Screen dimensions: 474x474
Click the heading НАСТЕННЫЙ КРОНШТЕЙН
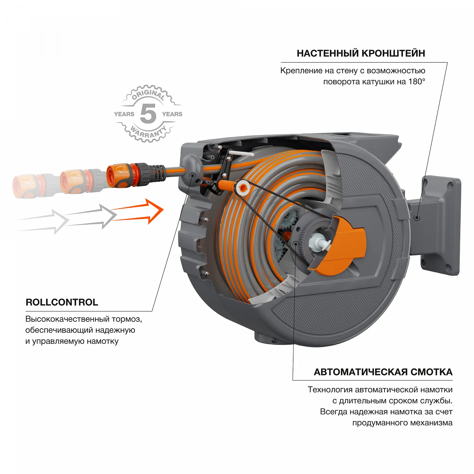click(x=361, y=53)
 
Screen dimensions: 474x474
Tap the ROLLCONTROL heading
click(x=62, y=302)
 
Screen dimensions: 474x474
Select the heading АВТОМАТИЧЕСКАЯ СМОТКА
click(x=383, y=372)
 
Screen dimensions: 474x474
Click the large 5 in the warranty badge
click(x=148, y=114)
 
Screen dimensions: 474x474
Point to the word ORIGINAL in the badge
click(x=148, y=94)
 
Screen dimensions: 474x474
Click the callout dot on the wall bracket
click(x=417, y=218)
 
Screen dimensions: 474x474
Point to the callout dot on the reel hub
click(x=295, y=244)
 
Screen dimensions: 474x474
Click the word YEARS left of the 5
click(x=124, y=114)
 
